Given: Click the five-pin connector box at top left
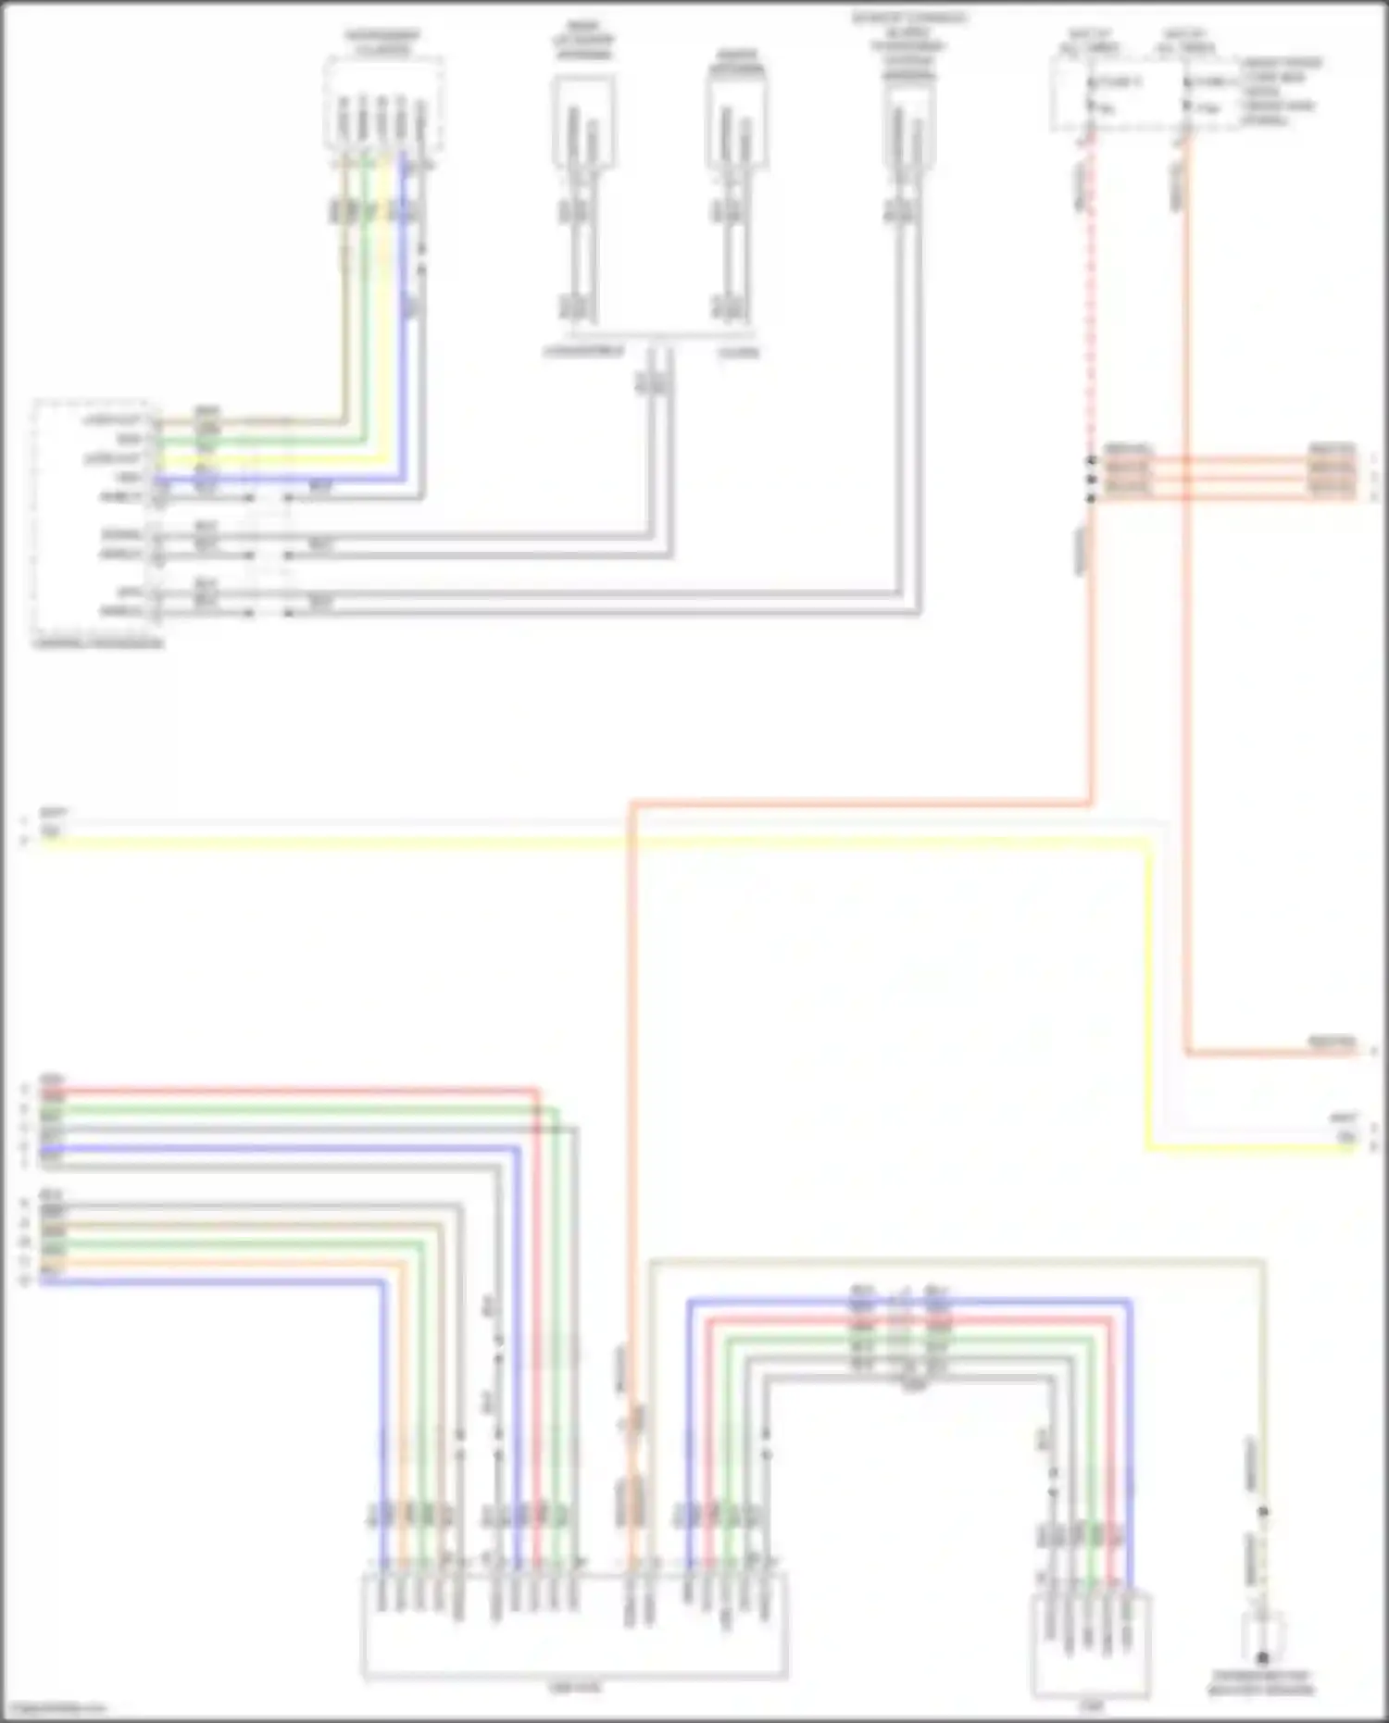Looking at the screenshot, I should click(382, 104).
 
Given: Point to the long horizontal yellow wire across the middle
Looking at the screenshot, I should click(593, 841).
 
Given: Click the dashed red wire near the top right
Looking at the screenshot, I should click(1091, 306).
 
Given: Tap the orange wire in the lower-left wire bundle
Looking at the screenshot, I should click(231, 1263).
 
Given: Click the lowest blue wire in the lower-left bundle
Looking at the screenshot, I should click(213, 1281).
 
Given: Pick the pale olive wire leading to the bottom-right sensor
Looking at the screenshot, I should click(954, 1259).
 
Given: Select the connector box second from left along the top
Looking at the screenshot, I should click(583, 120).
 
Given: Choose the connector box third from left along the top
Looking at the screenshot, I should click(736, 120).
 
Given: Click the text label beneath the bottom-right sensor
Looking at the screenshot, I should click(1261, 1684).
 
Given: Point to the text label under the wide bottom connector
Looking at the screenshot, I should click(574, 1688).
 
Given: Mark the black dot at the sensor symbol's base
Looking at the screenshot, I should click(1262, 1657).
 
